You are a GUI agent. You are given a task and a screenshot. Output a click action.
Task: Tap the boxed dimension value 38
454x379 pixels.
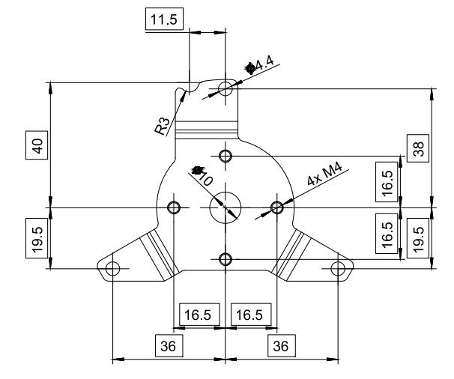[x=418, y=148]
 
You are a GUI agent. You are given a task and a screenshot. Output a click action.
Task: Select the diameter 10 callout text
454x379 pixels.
[x=203, y=175]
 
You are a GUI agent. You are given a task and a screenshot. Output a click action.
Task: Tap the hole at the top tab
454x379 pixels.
[x=226, y=89]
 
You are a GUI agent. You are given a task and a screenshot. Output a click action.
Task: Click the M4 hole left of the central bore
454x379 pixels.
[x=175, y=206]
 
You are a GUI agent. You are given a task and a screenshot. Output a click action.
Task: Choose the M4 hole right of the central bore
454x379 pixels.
[x=277, y=206]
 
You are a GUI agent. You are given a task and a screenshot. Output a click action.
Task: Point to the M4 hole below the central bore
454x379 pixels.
[x=226, y=258]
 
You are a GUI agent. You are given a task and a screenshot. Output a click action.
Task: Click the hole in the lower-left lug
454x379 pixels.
[x=112, y=267]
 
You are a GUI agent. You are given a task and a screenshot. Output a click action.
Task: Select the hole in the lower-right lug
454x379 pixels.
[x=339, y=267]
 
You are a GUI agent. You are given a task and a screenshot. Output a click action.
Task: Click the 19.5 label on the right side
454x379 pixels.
[x=418, y=238]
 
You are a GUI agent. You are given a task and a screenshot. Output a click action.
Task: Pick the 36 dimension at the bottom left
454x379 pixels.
[x=166, y=345]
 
